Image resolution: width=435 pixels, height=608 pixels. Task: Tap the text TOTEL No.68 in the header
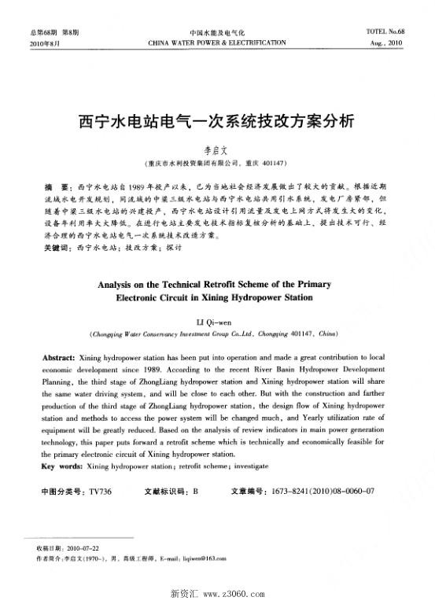click(x=385, y=32)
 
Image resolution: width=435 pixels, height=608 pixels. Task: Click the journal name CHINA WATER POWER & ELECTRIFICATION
click(x=217, y=43)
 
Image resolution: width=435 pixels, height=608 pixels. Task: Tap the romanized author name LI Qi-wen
click(x=216, y=322)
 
